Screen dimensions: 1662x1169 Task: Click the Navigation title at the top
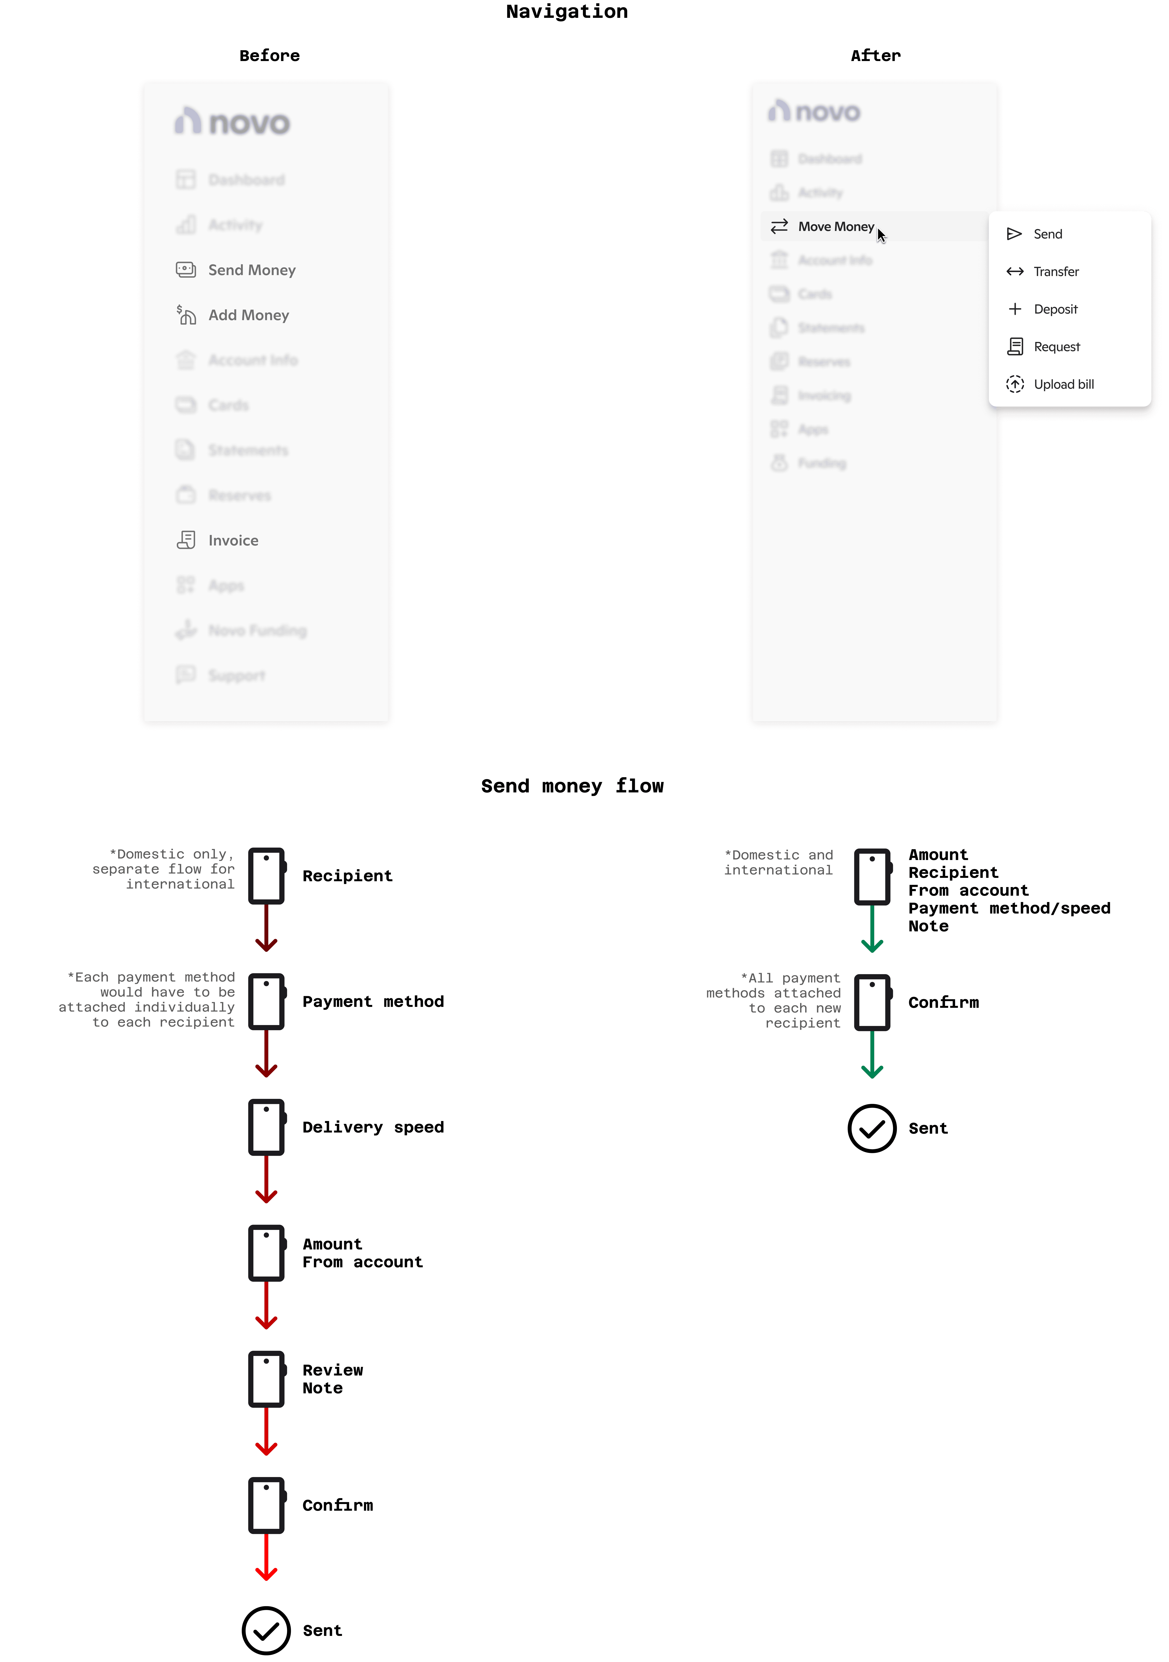(x=567, y=12)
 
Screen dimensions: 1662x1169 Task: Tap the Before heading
(x=269, y=56)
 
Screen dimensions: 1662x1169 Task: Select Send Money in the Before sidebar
(x=251, y=270)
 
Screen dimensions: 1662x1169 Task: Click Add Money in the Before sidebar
(x=248, y=315)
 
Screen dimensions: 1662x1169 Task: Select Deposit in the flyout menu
(x=1055, y=309)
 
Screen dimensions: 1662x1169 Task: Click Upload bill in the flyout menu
(x=1063, y=384)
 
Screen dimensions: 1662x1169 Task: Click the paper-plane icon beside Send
(x=1014, y=234)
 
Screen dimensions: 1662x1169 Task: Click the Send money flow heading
(x=572, y=786)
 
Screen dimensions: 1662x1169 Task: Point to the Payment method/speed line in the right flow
(x=1009, y=908)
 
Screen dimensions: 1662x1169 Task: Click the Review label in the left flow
(x=332, y=1370)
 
